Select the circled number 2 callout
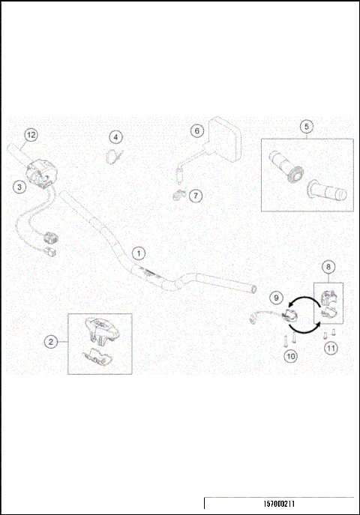coord(51,342)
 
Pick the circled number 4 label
coord(115,137)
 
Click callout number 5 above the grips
coord(306,126)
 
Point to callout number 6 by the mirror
coord(197,130)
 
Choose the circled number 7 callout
coord(196,196)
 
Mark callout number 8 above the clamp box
coord(328,266)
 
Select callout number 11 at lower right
coord(330,347)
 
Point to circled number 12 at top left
coord(31,135)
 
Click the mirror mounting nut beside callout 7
coord(177,196)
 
